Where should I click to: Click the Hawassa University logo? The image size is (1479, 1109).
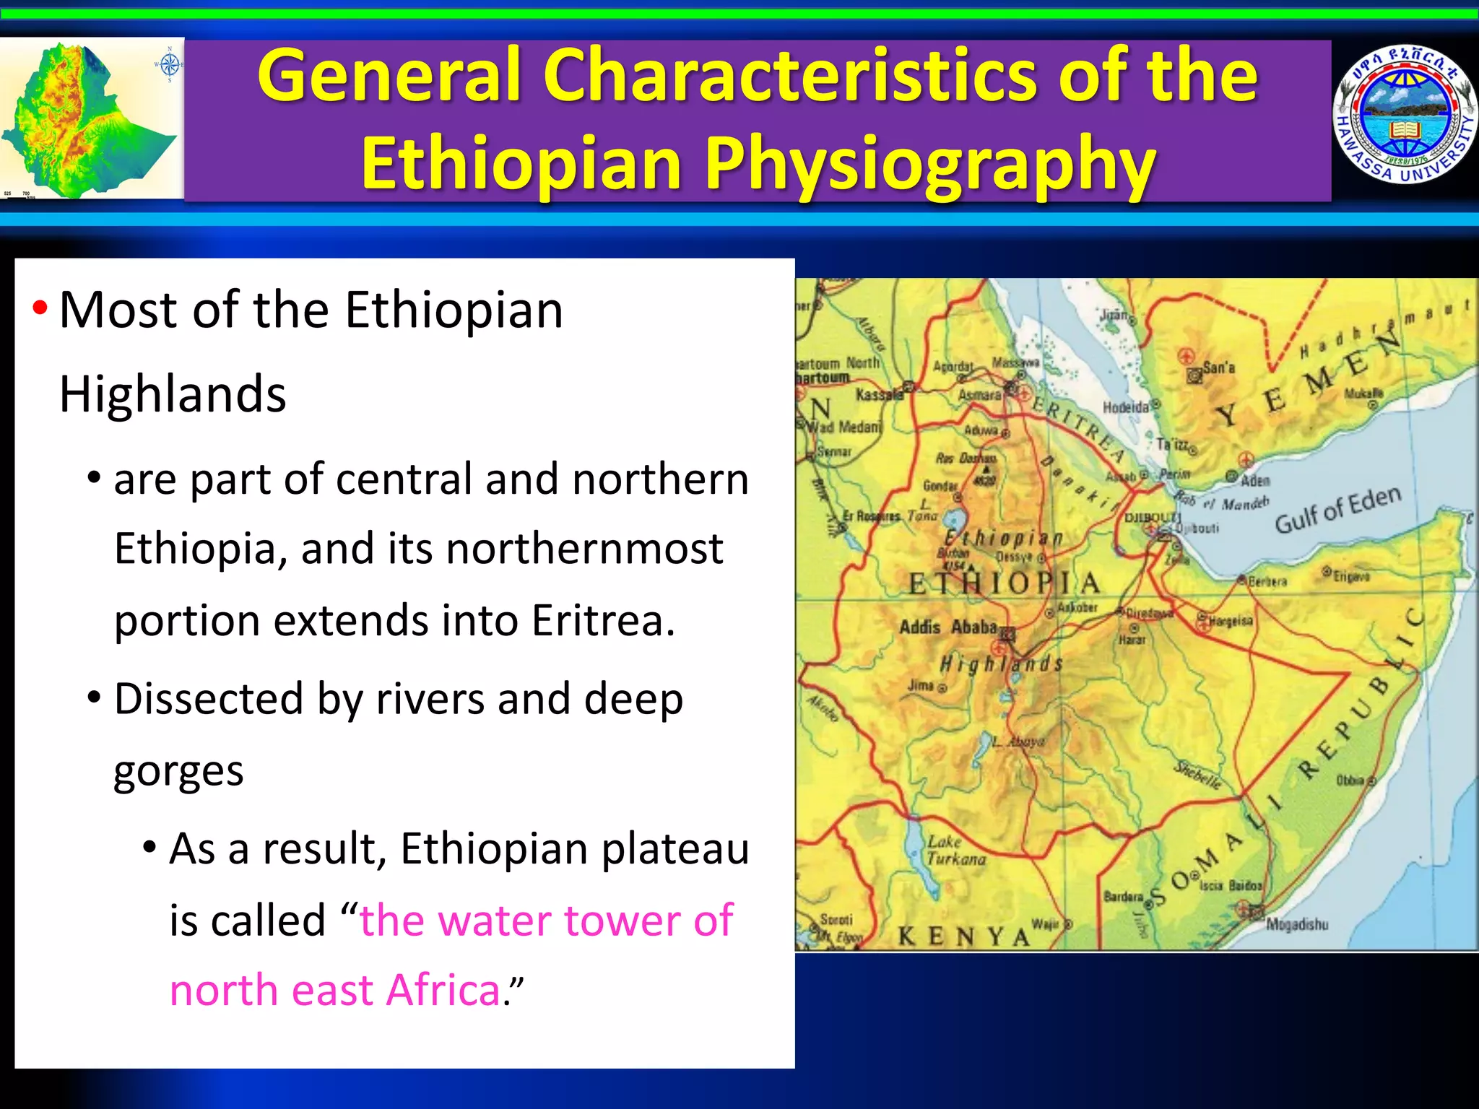(x=1404, y=116)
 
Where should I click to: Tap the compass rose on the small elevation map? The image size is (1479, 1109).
(x=169, y=65)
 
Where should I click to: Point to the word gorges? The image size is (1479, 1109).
(x=178, y=771)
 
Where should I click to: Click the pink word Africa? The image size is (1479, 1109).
(x=443, y=990)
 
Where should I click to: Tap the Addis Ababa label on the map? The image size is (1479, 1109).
(x=948, y=627)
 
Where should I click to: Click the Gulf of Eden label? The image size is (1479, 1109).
(x=1337, y=509)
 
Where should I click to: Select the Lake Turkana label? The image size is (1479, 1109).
(x=956, y=851)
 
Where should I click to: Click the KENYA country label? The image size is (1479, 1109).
(x=963, y=937)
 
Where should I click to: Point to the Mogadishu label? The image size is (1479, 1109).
(x=1297, y=924)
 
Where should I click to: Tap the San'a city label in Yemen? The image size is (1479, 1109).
(x=1218, y=368)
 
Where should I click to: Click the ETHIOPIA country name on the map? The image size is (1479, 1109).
(x=1004, y=583)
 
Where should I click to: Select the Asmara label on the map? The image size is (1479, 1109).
(x=979, y=395)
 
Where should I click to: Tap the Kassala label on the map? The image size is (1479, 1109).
(x=879, y=394)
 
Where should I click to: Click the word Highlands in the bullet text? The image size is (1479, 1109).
(x=173, y=395)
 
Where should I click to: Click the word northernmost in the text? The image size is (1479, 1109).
(x=584, y=549)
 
